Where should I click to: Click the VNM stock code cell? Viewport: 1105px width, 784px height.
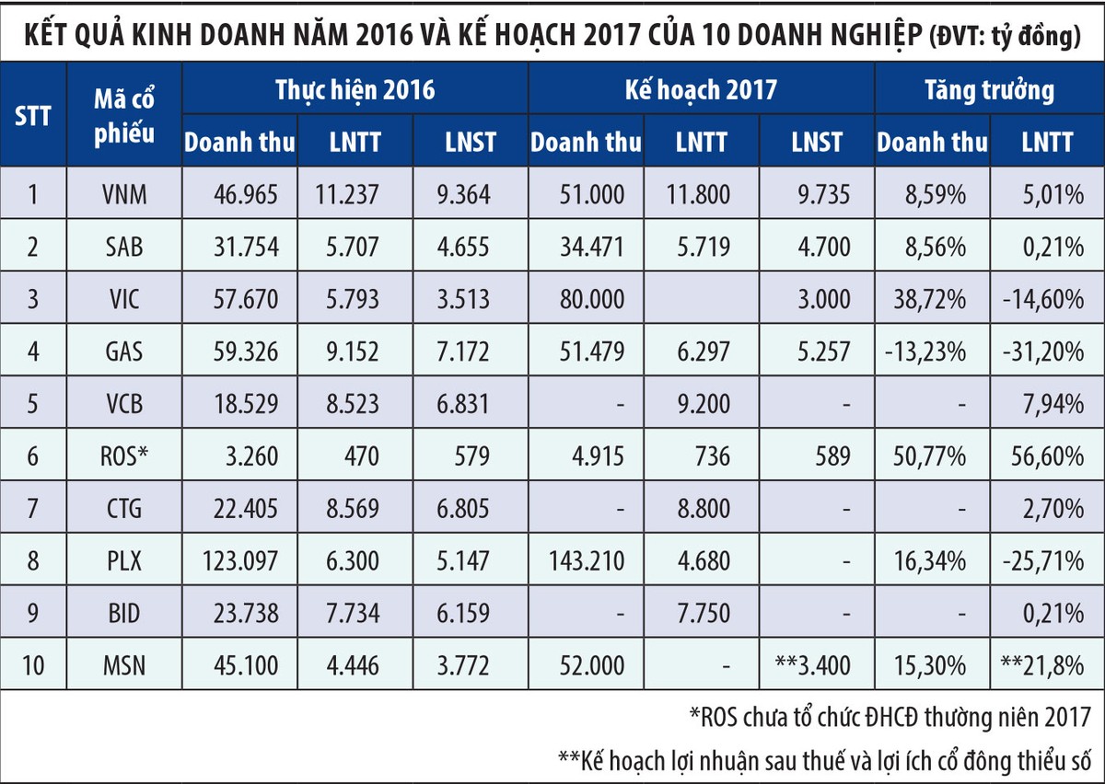124,194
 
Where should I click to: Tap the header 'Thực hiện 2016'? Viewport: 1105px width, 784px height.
355,89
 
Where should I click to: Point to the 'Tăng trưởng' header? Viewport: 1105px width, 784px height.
988,89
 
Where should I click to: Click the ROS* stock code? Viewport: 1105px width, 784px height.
124,456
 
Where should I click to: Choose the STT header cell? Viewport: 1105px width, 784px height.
33,115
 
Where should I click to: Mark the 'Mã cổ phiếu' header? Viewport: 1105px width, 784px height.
124,115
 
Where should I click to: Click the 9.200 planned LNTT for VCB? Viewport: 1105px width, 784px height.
702,404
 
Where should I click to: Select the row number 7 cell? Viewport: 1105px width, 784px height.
33,508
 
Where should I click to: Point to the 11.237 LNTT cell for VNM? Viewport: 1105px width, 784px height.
355,194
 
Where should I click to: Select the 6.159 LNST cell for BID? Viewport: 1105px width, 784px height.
470,613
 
